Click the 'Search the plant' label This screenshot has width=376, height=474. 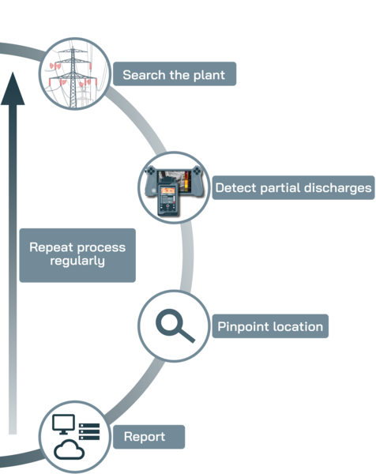(x=174, y=76)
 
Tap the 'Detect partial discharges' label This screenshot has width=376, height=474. (x=292, y=188)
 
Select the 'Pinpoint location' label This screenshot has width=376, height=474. (x=269, y=326)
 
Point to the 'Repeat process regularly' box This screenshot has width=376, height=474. (x=77, y=254)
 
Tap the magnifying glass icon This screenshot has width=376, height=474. (x=175, y=325)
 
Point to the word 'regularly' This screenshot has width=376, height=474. (x=77, y=261)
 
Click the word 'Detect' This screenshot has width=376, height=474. (x=235, y=188)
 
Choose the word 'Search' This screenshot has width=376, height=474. (x=143, y=76)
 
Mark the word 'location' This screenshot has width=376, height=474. (x=297, y=326)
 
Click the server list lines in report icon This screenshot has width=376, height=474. (x=88, y=431)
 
